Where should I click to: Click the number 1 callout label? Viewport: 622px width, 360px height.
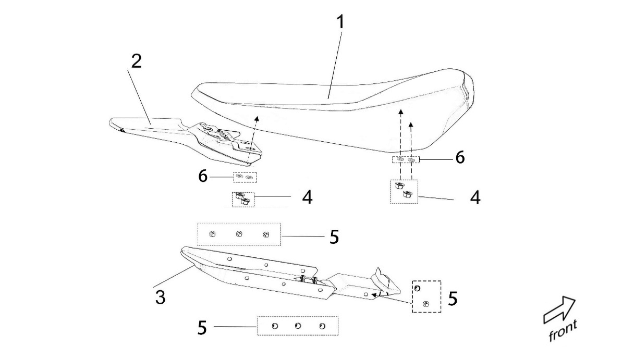click(x=339, y=23)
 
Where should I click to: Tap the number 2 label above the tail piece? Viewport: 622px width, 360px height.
click(x=136, y=61)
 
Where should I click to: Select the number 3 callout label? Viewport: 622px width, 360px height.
click(x=161, y=298)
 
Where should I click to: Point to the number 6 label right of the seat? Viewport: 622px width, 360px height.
click(x=460, y=157)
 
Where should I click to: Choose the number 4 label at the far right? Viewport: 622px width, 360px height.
click(x=474, y=198)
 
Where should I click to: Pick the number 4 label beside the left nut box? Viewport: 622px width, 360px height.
click(x=307, y=197)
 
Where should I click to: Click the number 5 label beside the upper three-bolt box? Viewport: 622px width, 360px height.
click(x=334, y=237)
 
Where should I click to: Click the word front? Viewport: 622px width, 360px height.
click(x=563, y=331)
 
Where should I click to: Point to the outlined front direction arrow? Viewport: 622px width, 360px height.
click(x=559, y=311)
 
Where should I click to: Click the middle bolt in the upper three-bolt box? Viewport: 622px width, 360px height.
click(x=239, y=234)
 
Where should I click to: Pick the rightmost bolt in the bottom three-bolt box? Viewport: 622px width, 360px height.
click(x=322, y=326)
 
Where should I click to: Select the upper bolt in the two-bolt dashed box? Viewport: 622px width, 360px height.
click(x=417, y=288)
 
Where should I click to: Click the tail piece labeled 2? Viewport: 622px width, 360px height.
click(x=156, y=130)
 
